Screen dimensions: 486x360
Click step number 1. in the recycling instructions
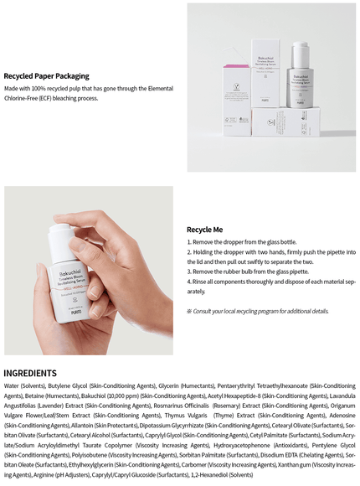[190, 241]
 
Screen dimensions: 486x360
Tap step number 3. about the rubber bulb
[190, 271]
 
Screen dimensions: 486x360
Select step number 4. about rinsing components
[190, 282]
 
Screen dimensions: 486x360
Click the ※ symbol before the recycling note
[190, 311]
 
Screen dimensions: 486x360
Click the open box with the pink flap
[239, 88]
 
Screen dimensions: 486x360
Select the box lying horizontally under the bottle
[285, 121]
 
